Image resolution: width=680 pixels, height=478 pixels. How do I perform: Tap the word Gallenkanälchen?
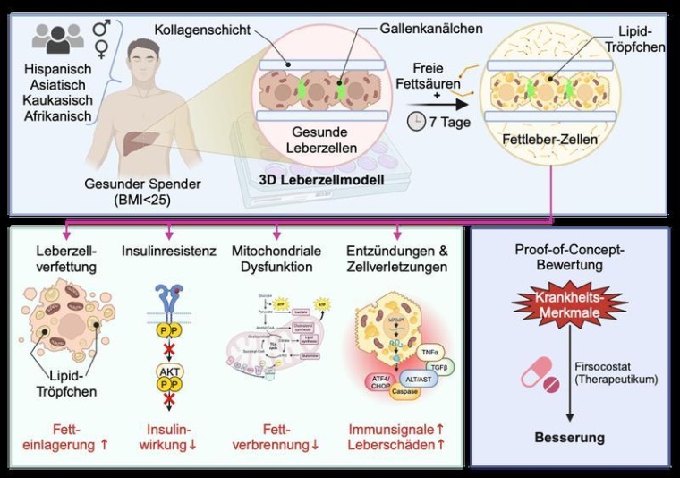432,29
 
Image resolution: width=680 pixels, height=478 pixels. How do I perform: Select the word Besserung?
570,438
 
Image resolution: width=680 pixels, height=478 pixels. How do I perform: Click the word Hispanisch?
59,68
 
